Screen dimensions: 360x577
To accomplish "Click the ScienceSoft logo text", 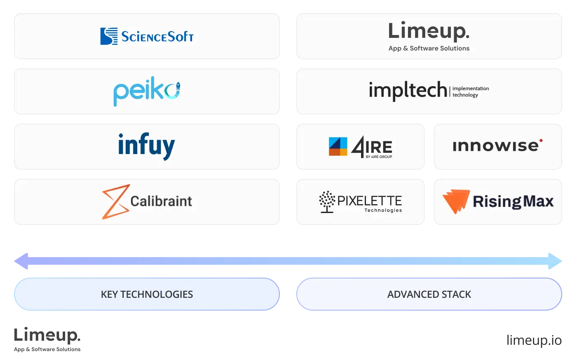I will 157,37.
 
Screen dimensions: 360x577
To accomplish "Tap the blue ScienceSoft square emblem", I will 109,36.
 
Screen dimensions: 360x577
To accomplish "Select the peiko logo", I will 147,91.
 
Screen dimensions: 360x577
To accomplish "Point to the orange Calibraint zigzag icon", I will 115,201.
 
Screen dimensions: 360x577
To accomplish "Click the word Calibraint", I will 161,201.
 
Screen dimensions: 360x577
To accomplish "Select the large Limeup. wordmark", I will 429,31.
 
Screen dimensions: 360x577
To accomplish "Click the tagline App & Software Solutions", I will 429,48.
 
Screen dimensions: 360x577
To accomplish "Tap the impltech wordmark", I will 408,90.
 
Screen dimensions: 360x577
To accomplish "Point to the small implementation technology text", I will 471,91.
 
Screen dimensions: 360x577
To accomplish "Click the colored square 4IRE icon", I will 338,146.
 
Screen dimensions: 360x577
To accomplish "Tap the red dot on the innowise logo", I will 541,140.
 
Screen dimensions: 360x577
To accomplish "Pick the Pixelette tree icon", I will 327,201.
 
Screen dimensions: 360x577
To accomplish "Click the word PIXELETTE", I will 369,201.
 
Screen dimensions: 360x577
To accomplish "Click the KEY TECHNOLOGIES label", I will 147,295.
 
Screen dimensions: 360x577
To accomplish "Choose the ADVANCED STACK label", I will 429,295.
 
